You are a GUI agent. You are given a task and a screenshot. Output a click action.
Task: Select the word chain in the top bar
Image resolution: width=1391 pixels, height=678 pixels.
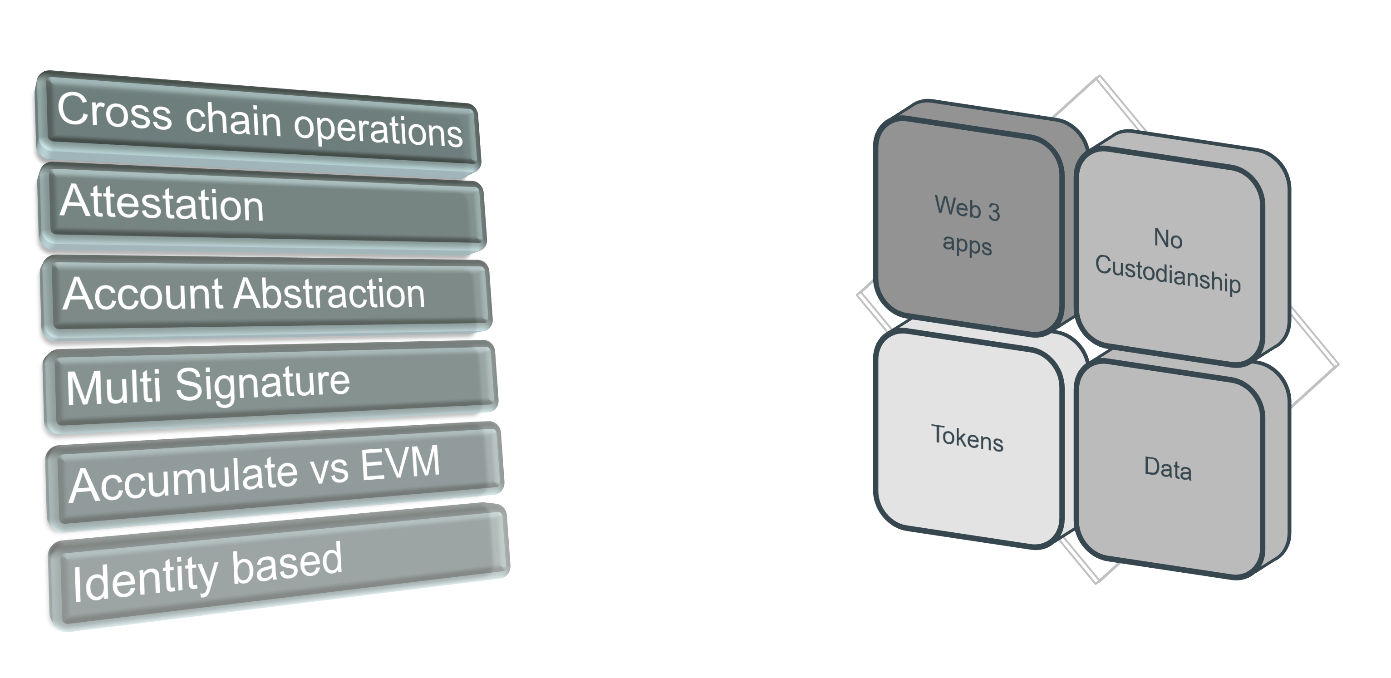[x=233, y=119]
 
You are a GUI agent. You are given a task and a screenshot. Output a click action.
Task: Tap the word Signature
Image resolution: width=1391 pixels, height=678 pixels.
[x=262, y=383]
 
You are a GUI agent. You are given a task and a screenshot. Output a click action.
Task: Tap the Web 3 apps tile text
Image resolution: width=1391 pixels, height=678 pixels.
[x=967, y=226]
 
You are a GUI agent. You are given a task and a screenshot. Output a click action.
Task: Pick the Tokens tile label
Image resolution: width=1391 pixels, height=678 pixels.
[x=967, y=437]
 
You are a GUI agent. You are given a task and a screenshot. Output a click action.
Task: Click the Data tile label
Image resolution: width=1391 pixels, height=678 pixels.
[x=1167, y=468]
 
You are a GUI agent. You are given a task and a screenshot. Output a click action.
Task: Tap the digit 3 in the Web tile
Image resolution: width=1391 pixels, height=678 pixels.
[x=993, y=211]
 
